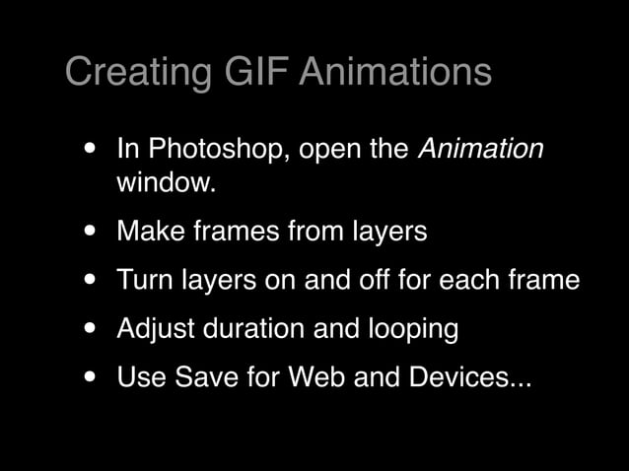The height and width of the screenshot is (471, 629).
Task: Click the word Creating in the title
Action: pos(137,72)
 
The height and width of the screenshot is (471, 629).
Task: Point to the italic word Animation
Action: pos(481,149)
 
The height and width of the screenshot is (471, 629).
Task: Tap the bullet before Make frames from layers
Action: pos(91,232)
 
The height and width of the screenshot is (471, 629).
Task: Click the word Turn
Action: pos(144,279)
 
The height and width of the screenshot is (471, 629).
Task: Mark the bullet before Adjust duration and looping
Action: pos(91,328)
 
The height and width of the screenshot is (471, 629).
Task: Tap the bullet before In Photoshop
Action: pos(91,150)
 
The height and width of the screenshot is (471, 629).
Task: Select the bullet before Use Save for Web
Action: pos(91,376)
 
